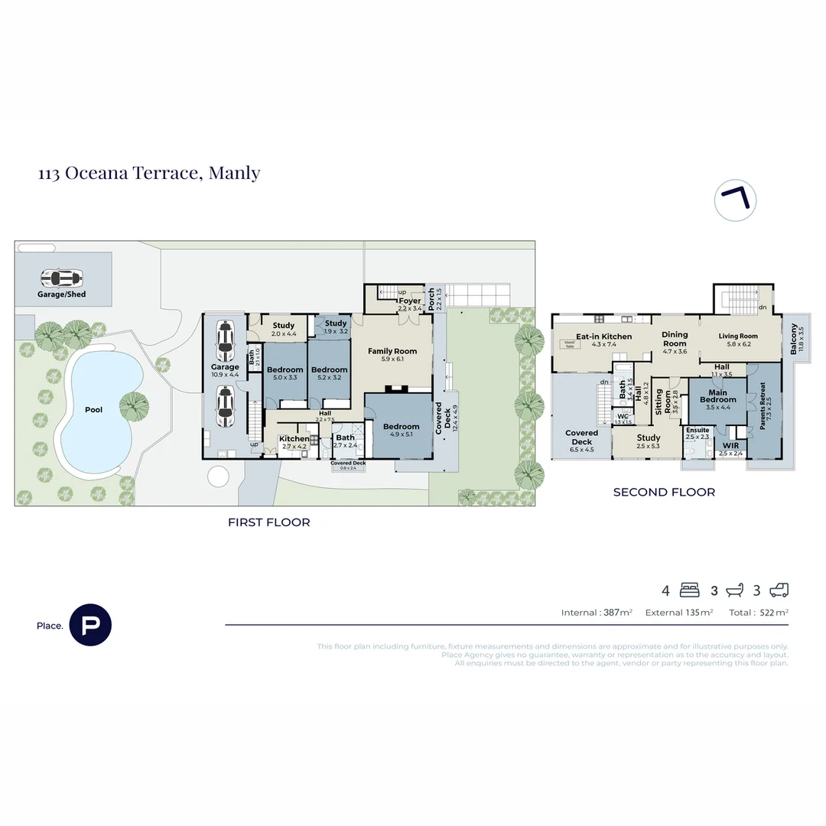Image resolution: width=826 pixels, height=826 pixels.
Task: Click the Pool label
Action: (x=93, y=410)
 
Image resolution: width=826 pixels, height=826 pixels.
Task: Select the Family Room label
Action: (x=392, y=352)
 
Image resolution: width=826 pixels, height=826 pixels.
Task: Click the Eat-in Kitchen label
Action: (x=603, y=337)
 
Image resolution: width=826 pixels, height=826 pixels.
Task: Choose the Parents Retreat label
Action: (x=766, y=412)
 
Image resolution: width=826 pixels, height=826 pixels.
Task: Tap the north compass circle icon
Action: (x=735, y=200)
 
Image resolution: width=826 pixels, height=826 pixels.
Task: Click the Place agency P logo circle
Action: (x=90, y=625)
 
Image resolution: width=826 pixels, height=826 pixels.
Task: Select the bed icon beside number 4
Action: (x=689, y=590)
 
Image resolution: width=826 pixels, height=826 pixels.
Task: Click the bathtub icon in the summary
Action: (x=735, y=590)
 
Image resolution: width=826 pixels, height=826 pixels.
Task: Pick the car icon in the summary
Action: (x=779, y=590)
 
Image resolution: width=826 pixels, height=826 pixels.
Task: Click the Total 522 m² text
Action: (x=758, y=613)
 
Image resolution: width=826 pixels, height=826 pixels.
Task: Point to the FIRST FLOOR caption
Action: (x=268, y=522)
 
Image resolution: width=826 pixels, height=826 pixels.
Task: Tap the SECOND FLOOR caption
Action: (x=664, y=493)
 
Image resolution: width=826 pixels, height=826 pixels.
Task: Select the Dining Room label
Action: (x=674, y=339)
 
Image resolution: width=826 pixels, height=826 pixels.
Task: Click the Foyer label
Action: (x=409, y=301)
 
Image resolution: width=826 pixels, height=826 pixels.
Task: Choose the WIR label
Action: (x=730, y=445)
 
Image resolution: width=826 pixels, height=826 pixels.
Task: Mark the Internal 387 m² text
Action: (x=597, y=613)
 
